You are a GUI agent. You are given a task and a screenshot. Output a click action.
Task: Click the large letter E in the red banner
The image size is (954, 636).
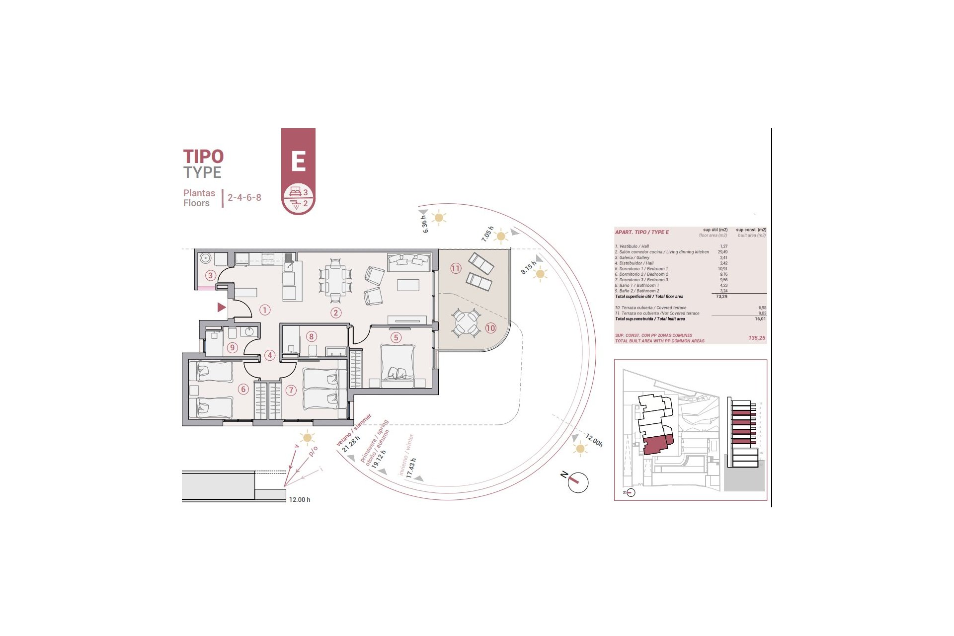(298, 161)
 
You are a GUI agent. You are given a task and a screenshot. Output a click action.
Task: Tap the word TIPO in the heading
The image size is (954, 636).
(204, 157)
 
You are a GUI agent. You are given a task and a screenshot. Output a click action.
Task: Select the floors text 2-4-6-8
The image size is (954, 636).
(244, 197)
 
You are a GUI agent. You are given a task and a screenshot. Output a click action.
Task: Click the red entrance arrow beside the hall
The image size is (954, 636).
(222, 308)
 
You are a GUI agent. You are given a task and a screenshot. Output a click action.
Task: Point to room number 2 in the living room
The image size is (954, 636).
(336, 313)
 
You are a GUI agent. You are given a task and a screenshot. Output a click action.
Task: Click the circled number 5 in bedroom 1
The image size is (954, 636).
(396, 337)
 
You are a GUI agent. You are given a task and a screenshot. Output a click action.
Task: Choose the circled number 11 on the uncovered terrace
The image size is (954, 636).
(456, 268)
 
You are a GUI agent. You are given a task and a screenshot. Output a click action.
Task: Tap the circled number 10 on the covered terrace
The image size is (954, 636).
(490, 328)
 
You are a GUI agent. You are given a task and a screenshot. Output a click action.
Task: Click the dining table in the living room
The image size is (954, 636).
(335, 280)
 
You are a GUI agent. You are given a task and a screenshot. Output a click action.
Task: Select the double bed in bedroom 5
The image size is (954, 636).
(397, 362)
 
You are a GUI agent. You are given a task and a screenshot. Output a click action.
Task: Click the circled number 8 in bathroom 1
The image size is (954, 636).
(312, 336)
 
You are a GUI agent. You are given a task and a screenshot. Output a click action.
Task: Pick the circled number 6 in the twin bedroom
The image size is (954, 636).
(243, 389)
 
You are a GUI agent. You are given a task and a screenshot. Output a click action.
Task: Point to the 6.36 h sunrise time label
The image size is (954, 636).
(424, 224)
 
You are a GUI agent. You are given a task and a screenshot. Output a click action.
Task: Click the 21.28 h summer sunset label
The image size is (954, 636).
(351, 444)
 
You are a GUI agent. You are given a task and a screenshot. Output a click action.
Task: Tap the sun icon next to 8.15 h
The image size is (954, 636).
(541, 274)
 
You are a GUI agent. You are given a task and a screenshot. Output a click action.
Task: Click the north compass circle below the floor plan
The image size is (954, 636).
(578, 482)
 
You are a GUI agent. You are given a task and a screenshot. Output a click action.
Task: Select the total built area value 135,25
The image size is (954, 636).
(756, 338)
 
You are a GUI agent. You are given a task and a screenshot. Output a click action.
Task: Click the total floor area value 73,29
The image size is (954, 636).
(721, 297)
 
